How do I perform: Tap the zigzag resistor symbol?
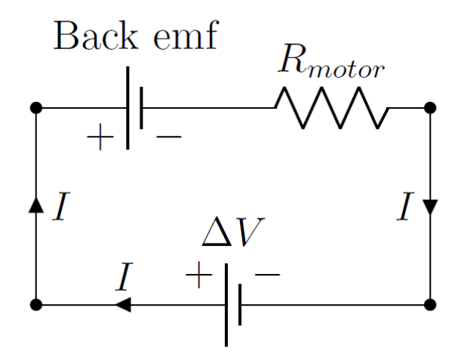332,108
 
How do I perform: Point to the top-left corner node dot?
35,108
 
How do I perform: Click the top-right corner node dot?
429,108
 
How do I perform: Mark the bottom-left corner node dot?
35,305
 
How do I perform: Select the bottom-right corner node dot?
429,305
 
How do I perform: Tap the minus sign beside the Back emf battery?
167,137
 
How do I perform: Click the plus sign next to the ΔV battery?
198,277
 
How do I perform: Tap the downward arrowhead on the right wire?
429,207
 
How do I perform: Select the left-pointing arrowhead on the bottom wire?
122,305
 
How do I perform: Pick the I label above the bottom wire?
124,279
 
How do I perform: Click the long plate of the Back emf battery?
127,108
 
